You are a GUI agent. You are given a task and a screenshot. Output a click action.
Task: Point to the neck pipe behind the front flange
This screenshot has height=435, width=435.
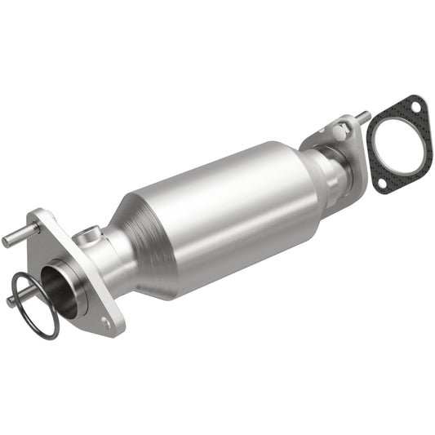point(114,253)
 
